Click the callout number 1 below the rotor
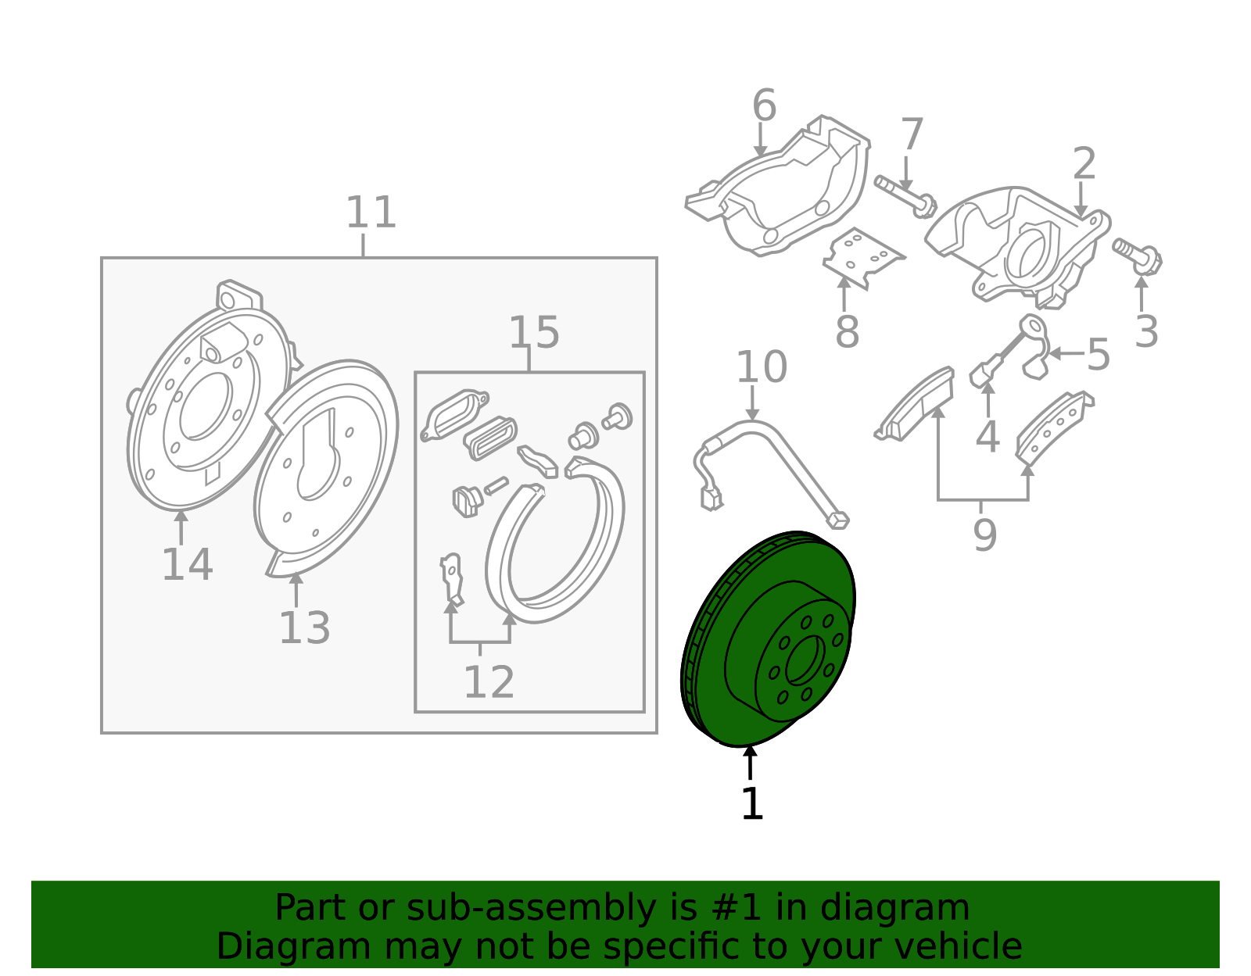[752, 803]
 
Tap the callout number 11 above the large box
[371, 213]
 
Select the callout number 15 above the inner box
[534, 332]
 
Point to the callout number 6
[764, 105]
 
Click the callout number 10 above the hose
[762, 366]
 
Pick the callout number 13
[305, 627]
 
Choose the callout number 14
[188, 564]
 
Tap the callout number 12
[489, 682]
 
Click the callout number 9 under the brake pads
[985, 534]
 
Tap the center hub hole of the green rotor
[805, 660]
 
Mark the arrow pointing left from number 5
[1066, 353]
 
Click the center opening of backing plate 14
[206, 406]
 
